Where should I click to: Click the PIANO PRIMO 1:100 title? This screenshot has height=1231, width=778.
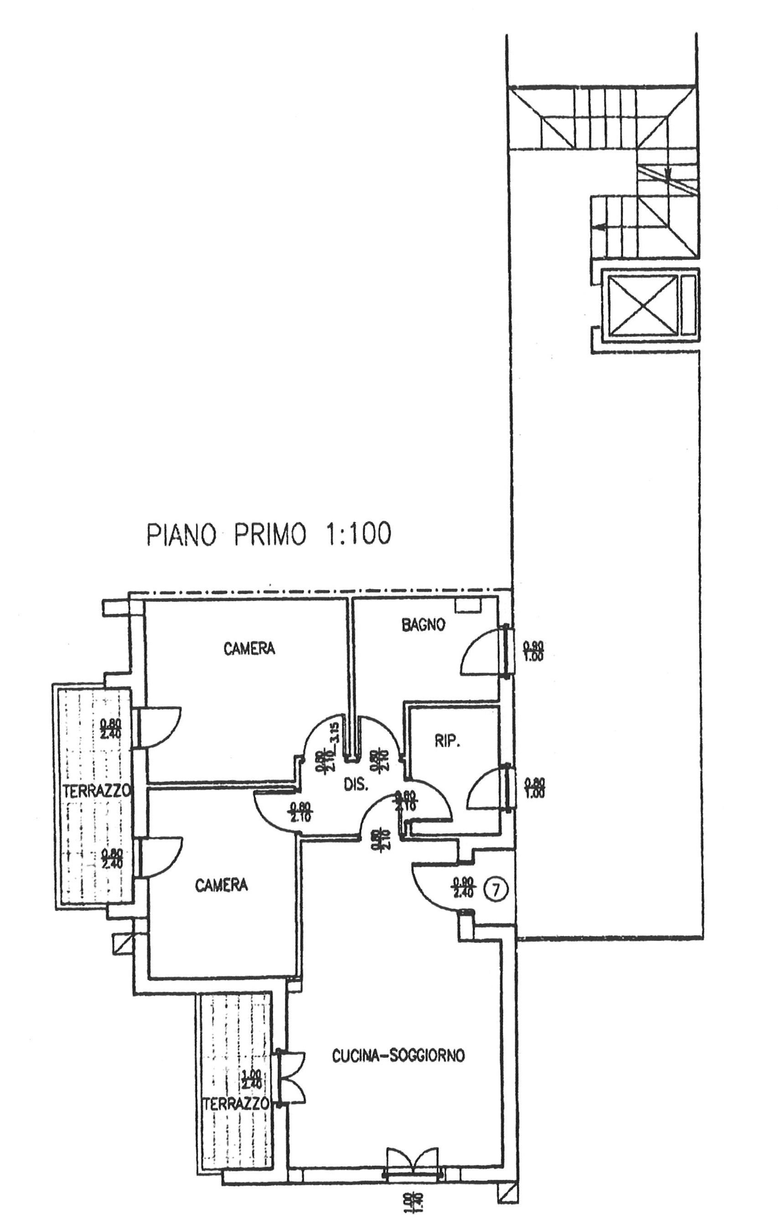click(x=269, y=534)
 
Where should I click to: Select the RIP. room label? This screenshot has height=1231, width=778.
click(x=447, y=742)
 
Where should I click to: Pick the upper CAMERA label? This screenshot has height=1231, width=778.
click(x=249, y=648)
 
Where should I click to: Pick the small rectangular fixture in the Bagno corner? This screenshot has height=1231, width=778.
click(x=468, y=604)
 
